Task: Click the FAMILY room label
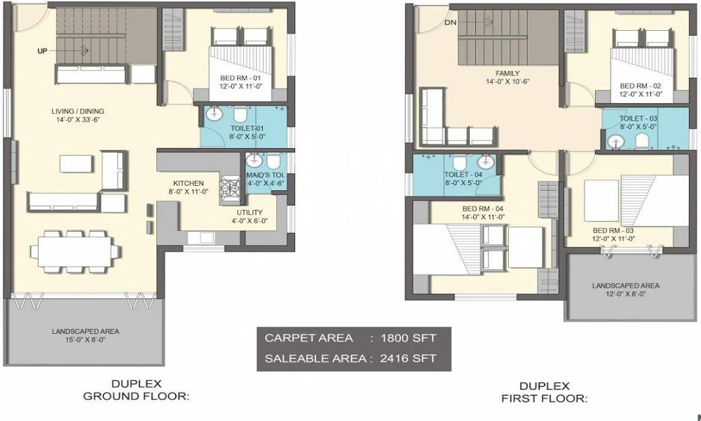(507, 73)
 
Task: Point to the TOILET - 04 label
(463, 175)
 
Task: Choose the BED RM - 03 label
(613, 230)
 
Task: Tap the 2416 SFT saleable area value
(411, 358)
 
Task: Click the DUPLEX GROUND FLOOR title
(137, 389)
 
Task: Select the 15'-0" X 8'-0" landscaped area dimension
(84, 339)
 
